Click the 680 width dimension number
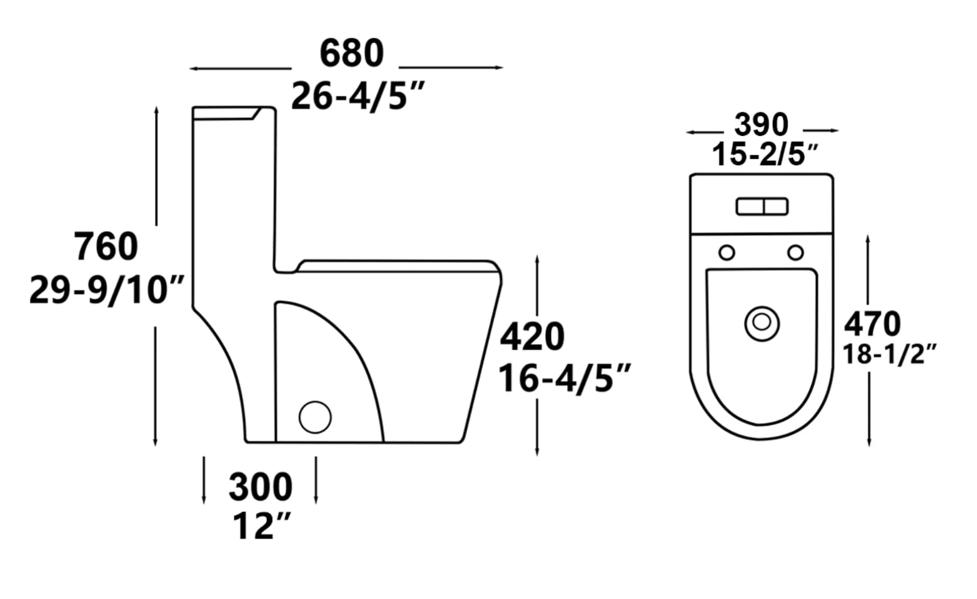click(x=351, y=53)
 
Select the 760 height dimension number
click(x=106, y=246)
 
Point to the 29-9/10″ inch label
click(x=106, y=290)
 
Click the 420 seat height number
click(x=532, y=337)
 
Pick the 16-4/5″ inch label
click(x=565, y=379)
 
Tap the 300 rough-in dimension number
click(x=260, y=487)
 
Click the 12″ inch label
click(x=261, y=526)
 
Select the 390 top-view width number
click(x=761, y=125)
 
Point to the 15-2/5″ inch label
click(x=765, y=155)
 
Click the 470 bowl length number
click(x=872, y=324)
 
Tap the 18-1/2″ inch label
click(x=889, y=354)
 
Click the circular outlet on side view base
click(x=315, y=417)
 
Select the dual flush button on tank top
click(x=761, y=207)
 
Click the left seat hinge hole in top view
click(x=727, y=252)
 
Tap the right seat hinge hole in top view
click(x=796, y=252)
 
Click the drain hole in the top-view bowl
click(x=761, y=323)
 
